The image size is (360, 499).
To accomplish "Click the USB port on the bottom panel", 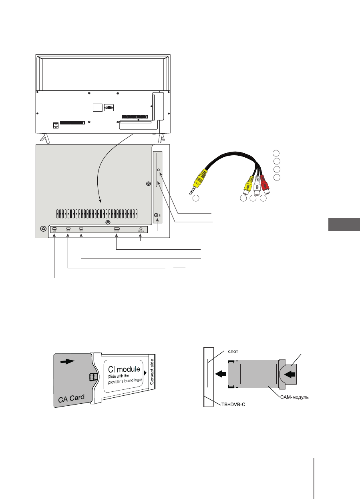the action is pos(54,229).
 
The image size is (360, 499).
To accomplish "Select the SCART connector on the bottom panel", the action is pos(117,230).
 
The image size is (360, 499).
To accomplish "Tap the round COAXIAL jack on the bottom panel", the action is pos(141,229).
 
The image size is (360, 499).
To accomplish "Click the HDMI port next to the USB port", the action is pos(68,229).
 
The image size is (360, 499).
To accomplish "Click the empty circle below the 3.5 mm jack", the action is pos(196,198).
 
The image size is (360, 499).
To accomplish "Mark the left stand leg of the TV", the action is pos(45,138).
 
